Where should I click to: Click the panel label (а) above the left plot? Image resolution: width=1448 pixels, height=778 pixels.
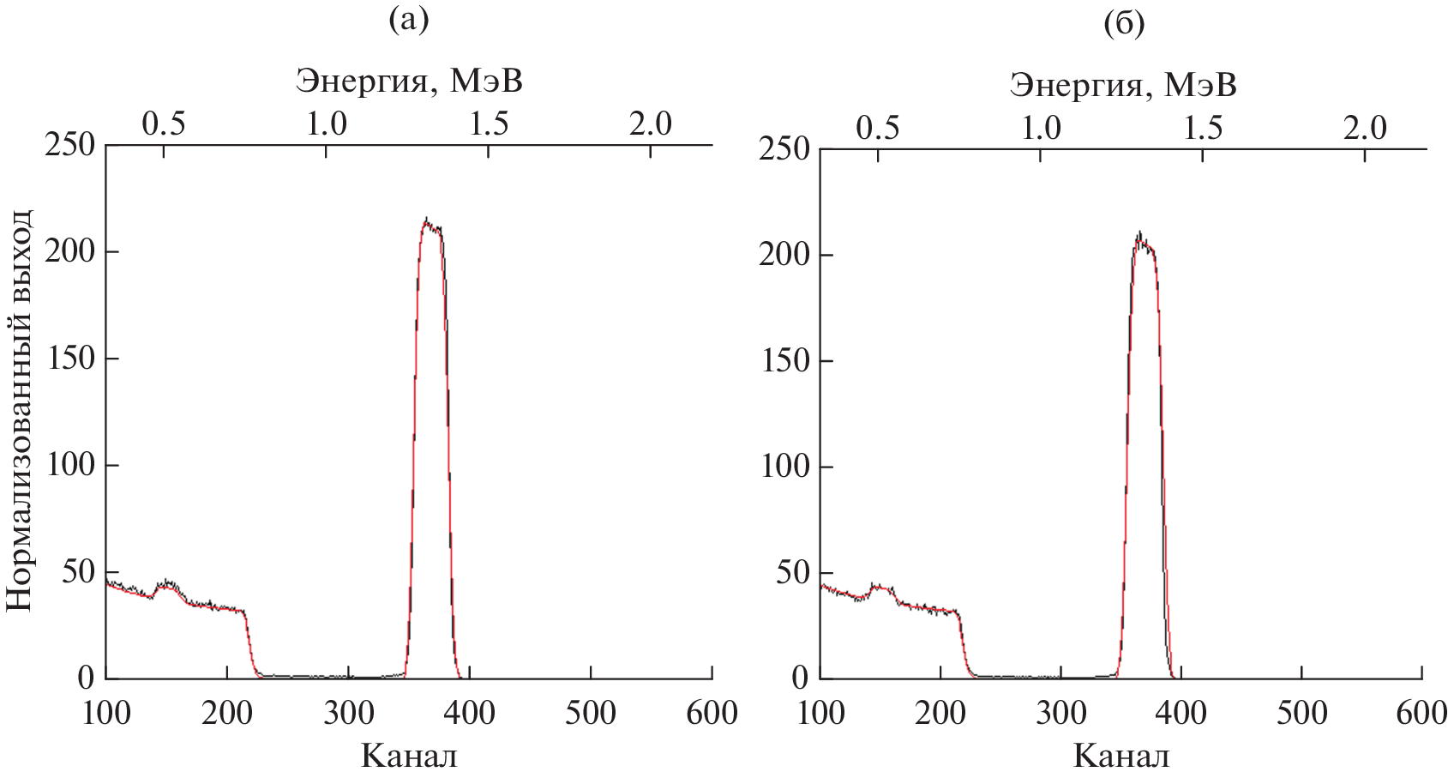(408, 19)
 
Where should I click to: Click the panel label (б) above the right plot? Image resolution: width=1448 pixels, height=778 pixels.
(1124, 24)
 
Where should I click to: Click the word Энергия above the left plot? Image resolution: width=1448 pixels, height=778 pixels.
(362, 81)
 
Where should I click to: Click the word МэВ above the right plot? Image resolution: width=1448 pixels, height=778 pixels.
(1199, 85)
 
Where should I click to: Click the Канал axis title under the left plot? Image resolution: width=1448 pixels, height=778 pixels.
(409, 756)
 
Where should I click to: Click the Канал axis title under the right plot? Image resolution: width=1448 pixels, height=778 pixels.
(1121, 756)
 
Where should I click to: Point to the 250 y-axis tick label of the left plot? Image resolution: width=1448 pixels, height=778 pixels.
(69, 145)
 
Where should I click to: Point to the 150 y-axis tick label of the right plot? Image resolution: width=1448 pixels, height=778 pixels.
(784, 361)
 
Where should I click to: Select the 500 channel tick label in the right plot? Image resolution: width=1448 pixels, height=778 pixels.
(1301, 713)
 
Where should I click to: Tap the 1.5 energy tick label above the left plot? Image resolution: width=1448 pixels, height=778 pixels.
(489, 124)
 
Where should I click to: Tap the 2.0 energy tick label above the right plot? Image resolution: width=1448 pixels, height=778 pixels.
(1365, 129)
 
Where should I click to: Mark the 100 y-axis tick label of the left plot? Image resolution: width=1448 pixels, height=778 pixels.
(69, 465)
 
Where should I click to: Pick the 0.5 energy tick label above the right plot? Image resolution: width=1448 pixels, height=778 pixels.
(878, 129)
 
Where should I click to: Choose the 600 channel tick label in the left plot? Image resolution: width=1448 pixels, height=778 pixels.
(712, 713)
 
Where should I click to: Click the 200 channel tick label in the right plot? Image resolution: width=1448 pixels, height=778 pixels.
(940, 713)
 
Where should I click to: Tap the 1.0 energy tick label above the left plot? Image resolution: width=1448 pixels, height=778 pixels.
(327, 124)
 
